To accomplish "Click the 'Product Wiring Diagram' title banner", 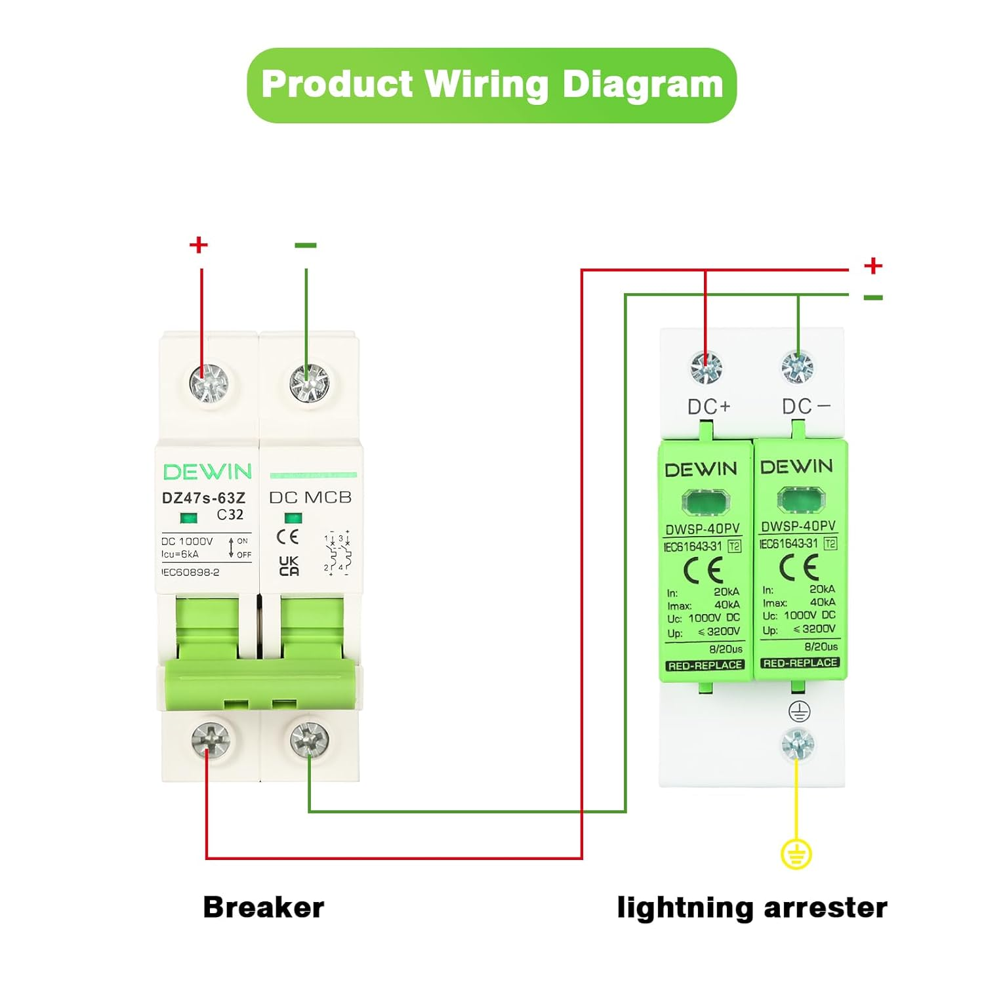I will (x=492, y=85).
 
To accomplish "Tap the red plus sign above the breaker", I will (x=198, y=245).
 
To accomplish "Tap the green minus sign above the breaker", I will (x=306, y=245).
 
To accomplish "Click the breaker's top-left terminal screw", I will (x=209, y=383).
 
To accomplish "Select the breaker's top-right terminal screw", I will (x=309, y=383).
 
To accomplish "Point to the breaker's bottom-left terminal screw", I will (x=210, y=741).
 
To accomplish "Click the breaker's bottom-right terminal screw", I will (x=309, y=740).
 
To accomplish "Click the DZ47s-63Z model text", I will (x=203, y=498).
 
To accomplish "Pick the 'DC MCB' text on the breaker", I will (x=310, y=497).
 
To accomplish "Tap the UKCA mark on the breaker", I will (x=289, y=565).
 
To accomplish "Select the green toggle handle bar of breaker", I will (x=259, y=685).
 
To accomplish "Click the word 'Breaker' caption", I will (x=264, y=907).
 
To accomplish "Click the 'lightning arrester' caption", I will (x=752, y=907).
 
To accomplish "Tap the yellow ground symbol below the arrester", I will (x=796, y=854).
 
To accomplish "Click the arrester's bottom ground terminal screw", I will (x=798, y=744).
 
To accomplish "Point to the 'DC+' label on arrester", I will (x=708, y=407).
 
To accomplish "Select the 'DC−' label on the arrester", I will (x=806, y=407).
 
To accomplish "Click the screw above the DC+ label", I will (x=706, y=368).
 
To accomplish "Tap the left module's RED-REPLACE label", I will (x=705, y=665).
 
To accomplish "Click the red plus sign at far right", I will (x=873, y=266).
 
